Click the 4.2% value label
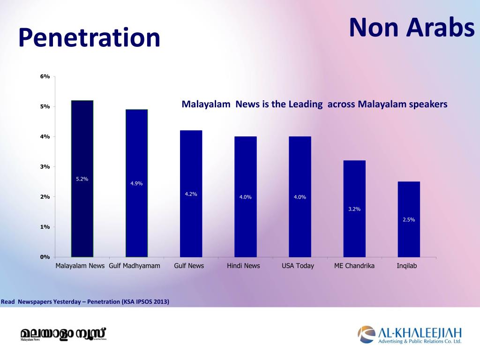click(x=191, y=194)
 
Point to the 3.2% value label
click(x=354, y=209)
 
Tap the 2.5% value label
click(x=409, y=219)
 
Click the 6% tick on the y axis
click(x=45, y=76)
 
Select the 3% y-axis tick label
click(x=45, y=167)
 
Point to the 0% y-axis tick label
click(x=45, y=257)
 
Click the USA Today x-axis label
click(x=298, y=266)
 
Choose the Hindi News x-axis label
click(x=243, y=266)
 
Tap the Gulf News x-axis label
click(x=189, y=266)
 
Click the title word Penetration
click(x=89, y=38)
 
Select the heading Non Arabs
click(x=412, y=27)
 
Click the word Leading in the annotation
click(x=305, y=104)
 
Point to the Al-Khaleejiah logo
click(x=410, y=335)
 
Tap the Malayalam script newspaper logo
click(x=63, y=334)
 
